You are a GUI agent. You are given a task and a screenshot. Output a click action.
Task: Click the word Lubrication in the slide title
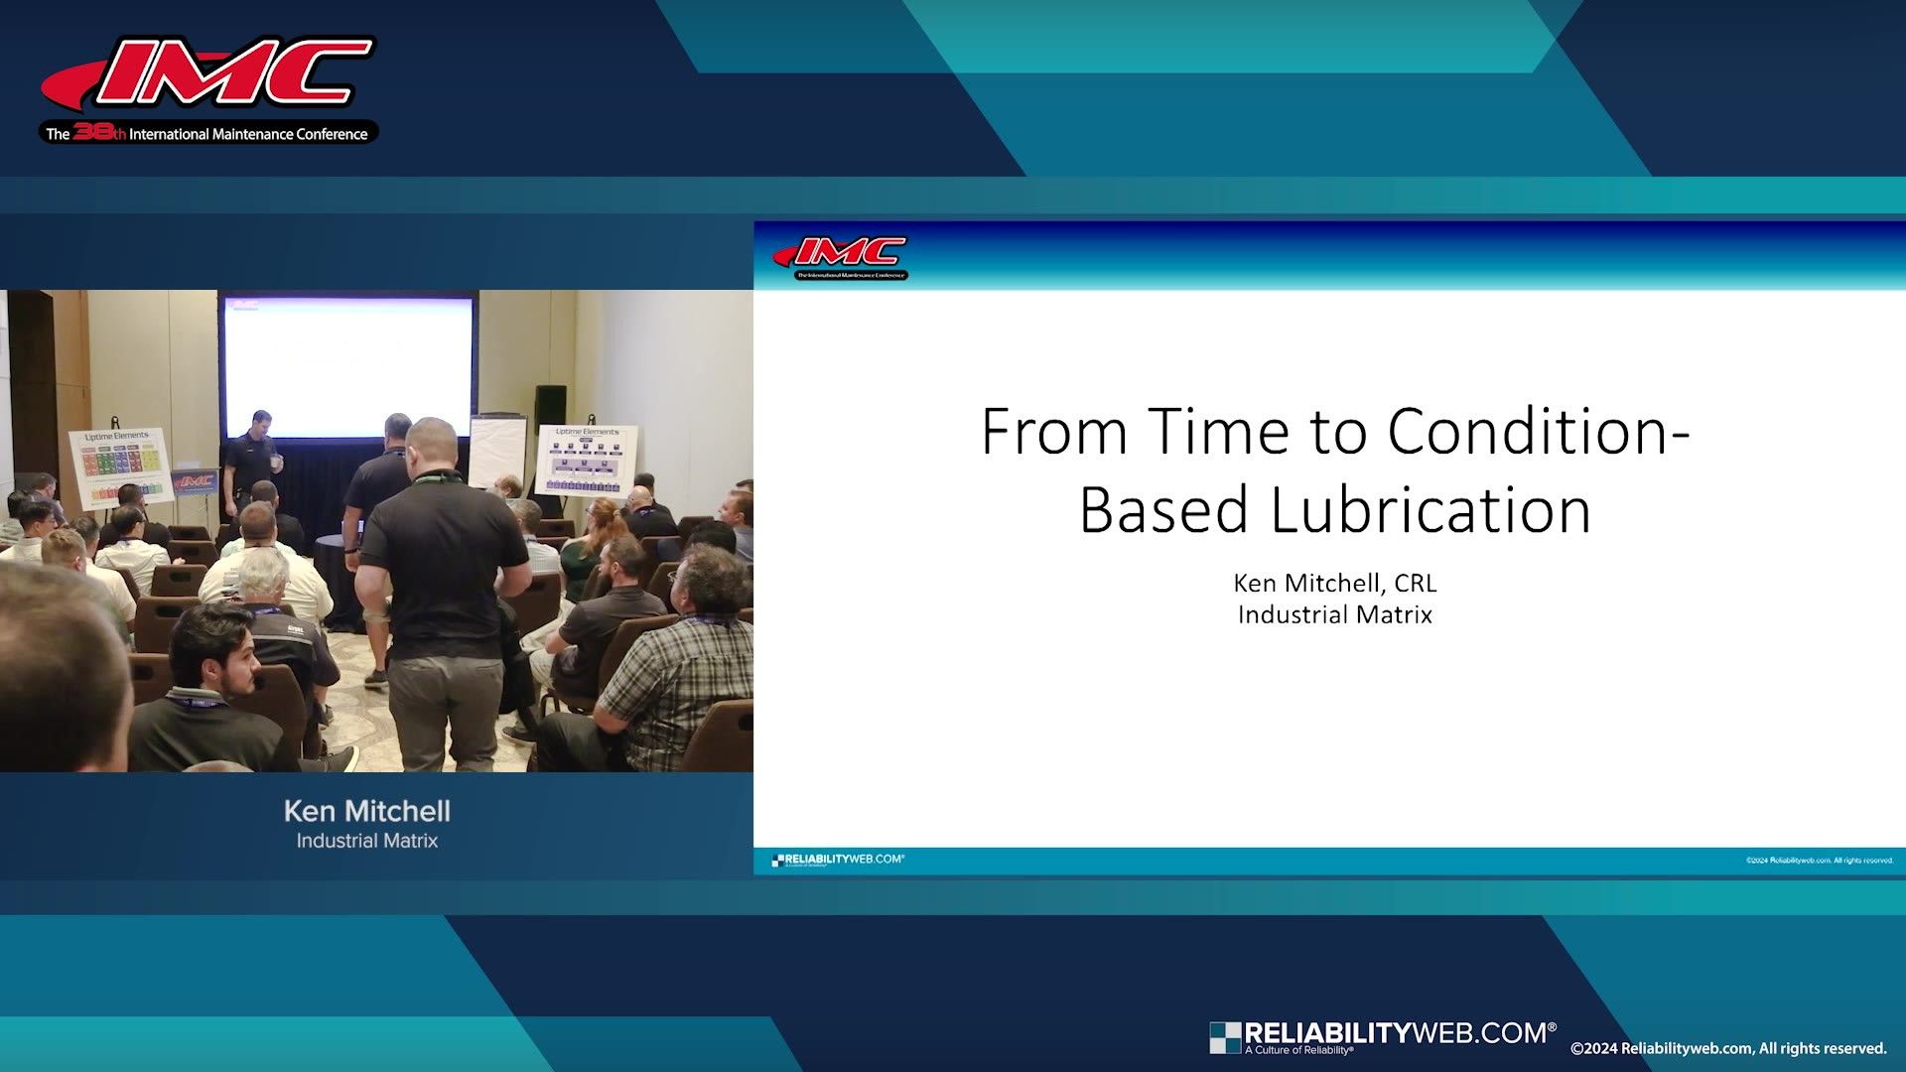coord(1430,510)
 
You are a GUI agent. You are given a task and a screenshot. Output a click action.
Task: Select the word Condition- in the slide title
coord(1538,432)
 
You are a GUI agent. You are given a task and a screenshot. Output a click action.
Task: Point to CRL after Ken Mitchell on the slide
coord(1416,583)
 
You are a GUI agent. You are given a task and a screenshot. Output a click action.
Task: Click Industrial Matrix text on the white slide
coord(1334,614)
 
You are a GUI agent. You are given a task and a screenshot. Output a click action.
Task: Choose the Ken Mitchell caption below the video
coord(367,811)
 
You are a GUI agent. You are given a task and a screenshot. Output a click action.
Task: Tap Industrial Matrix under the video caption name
coord(367,841)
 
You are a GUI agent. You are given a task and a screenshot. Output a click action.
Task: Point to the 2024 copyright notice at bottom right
coord(1727,1048)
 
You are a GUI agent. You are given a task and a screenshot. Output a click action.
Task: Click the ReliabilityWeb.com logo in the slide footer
coord(839,860)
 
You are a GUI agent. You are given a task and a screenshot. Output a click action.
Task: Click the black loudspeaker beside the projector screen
coord(550,406)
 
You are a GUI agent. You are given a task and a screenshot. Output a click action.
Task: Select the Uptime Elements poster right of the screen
coord(587,459)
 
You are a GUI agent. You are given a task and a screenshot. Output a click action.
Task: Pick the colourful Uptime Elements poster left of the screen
coord(119,467)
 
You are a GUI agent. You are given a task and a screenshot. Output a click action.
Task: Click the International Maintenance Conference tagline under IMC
coord(208,134)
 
